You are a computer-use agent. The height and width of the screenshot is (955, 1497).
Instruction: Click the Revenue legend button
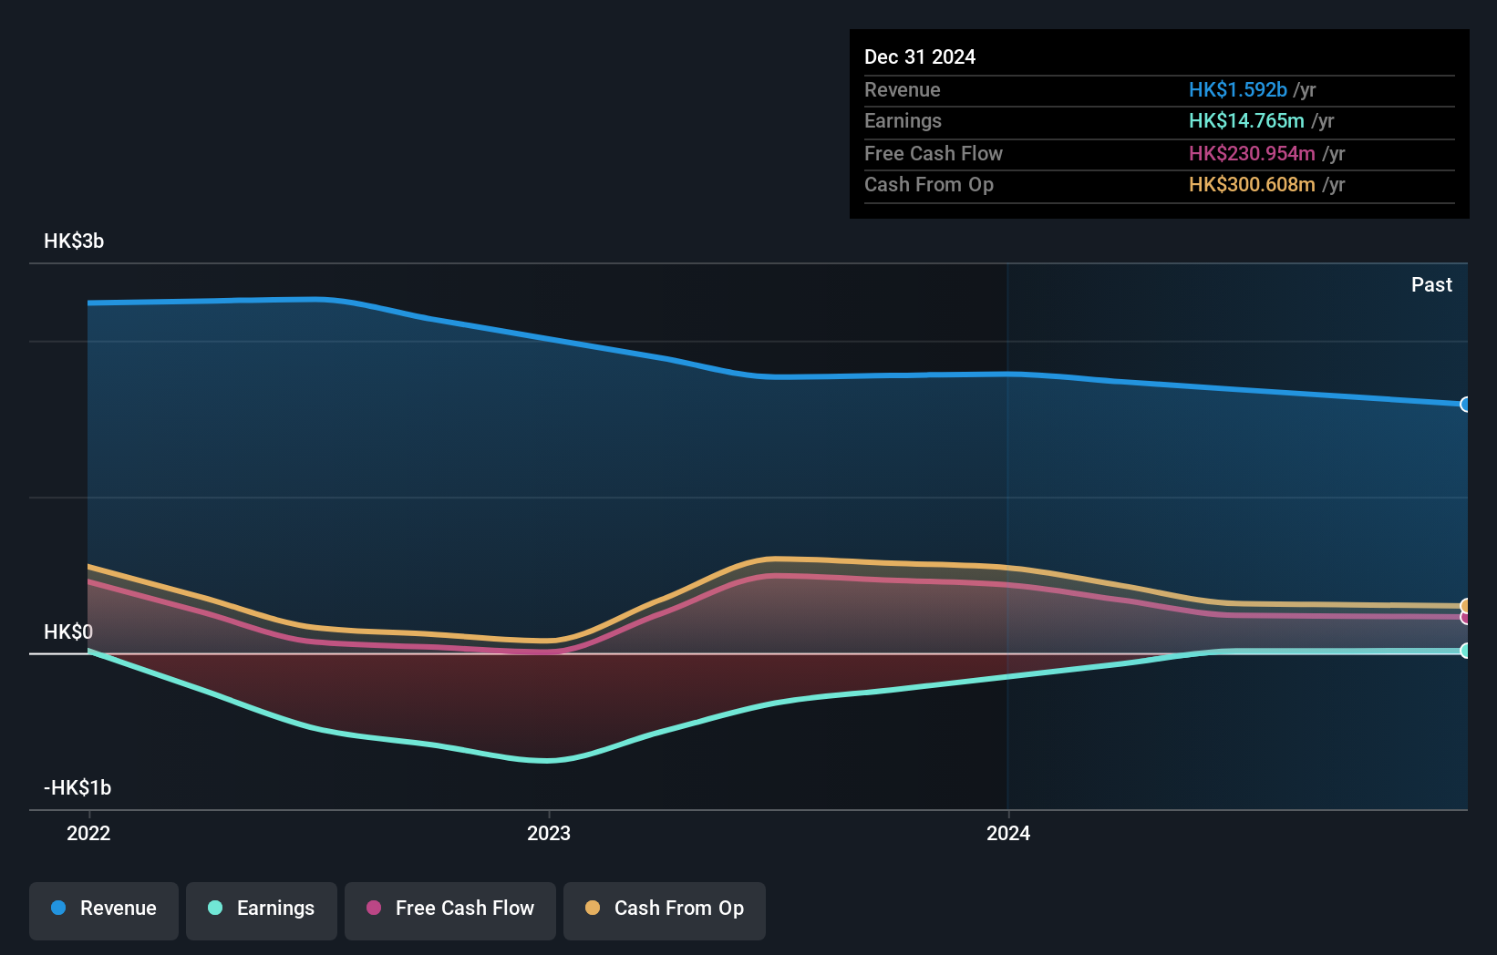pos(104,909)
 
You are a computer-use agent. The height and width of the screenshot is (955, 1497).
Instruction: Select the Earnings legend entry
pos(262,909)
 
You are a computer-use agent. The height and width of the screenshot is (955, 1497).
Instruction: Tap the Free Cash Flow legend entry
pos(450,909)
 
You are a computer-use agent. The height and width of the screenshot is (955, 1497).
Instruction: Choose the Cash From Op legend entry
pos(665,909)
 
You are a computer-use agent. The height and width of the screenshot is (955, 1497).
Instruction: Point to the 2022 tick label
pos(88,833)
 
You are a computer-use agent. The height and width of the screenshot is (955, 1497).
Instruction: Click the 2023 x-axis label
pos(549,833)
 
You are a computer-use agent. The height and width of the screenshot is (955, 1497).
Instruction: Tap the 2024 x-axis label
pos(1008,833)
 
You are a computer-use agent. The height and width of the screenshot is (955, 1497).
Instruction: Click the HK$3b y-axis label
pos(74,241)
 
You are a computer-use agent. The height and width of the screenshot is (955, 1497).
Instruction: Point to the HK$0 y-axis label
pos(68,632)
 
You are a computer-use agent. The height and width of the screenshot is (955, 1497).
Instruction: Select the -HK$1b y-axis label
pos(77,787)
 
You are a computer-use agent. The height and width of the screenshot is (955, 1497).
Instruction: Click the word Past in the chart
pos(1431,285)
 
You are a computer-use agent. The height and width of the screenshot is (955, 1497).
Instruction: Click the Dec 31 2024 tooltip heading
pos(920,56)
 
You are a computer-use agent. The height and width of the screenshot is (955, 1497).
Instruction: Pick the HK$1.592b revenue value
pos(1237,89)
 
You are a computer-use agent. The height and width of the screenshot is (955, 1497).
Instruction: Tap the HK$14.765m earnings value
pos(1245,120)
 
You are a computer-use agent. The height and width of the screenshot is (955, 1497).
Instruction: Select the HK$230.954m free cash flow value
pos(1251,153)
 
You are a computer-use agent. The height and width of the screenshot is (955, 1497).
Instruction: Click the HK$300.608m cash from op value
pos(1251,184)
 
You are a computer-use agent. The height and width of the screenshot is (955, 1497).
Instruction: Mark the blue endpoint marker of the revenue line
pos(1465,405)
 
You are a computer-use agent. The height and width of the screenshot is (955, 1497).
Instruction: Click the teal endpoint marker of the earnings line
pos(1465,651)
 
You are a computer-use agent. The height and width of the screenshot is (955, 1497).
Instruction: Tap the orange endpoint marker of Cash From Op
pos(1465,606)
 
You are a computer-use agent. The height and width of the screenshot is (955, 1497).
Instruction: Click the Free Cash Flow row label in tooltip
pos(933,153)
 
